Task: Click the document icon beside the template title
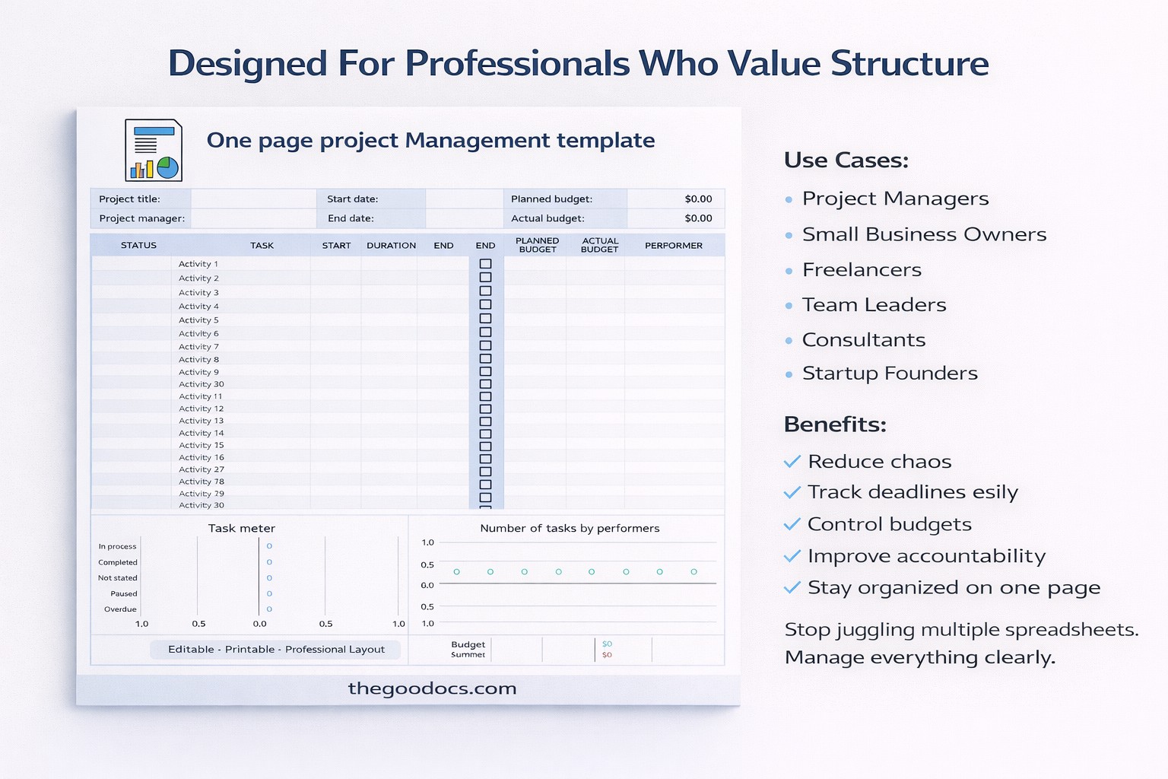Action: pyautogui.click(x=154, y=150)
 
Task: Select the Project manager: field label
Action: pyautogui.click(x=141, y=218)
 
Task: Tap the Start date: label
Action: pyautogui.click(x=352, y=199)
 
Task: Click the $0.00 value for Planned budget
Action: pyautogui.click(x=698, y=199)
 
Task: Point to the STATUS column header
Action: pyautogui.click(x=138, y=246)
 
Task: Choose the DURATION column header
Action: pyautogui.click(x=391, y=246)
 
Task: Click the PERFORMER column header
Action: pyautogui.click(x=673, y=246)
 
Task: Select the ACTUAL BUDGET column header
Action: pyautogui.click(x=599, y=245)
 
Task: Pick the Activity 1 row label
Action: pyautogui.click(x=198, y=264)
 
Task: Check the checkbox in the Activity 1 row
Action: pyautogui.click(x=485, y=264)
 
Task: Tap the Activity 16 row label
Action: pyautogui.click(x=201, y=457)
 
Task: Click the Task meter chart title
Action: pyautogui.click(x=241, y=528)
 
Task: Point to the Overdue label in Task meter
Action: pyautogui.click(x=120, y=609)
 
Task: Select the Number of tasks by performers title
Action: pyautogui.click(x=570, y=528)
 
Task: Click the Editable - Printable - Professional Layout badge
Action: pyautogui.click(x=276, y=650)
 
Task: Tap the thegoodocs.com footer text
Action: pyautogui.click(x=432, y=688)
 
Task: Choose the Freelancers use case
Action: pyautogui.click(x=862, y=270)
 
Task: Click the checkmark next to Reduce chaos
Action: pyautogui.click(x=792, y=462)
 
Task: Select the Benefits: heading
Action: pyautogui.click(x=835, y=424)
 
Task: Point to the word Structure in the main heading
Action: pyautogui.click(x=909, y=63)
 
